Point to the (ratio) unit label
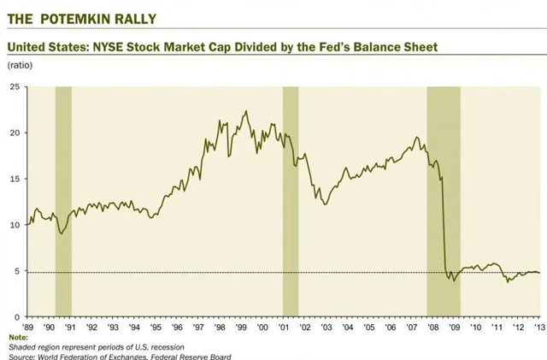coord(20,66)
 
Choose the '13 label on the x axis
coord(538,326)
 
